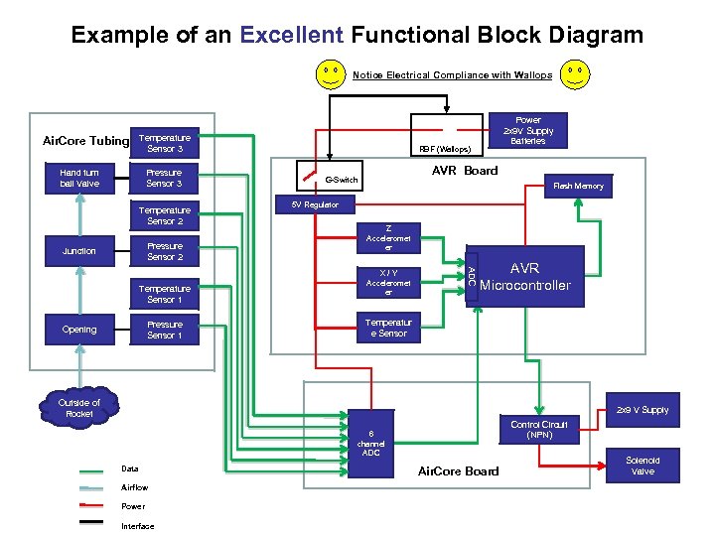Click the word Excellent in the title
coord(291,36)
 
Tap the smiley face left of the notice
coord(331,74)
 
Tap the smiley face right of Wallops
coord(574,74)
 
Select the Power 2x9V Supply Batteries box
coord(527,131)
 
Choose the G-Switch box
coord(341,180)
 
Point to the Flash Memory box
coord(577,186)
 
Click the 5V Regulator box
coord(314,204)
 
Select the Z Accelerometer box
coord(388,238)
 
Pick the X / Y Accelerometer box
coord(388,282)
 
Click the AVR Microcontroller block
coord(524,277)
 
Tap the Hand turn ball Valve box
coord(79,178)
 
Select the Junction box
coord(79,251)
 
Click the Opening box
coord(79,330)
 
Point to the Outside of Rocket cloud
coord(79,407)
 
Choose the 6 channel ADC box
coord(370,443)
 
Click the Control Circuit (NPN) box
coord(539,429)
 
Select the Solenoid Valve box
coord(643,466)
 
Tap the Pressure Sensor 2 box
coord(165,251)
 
